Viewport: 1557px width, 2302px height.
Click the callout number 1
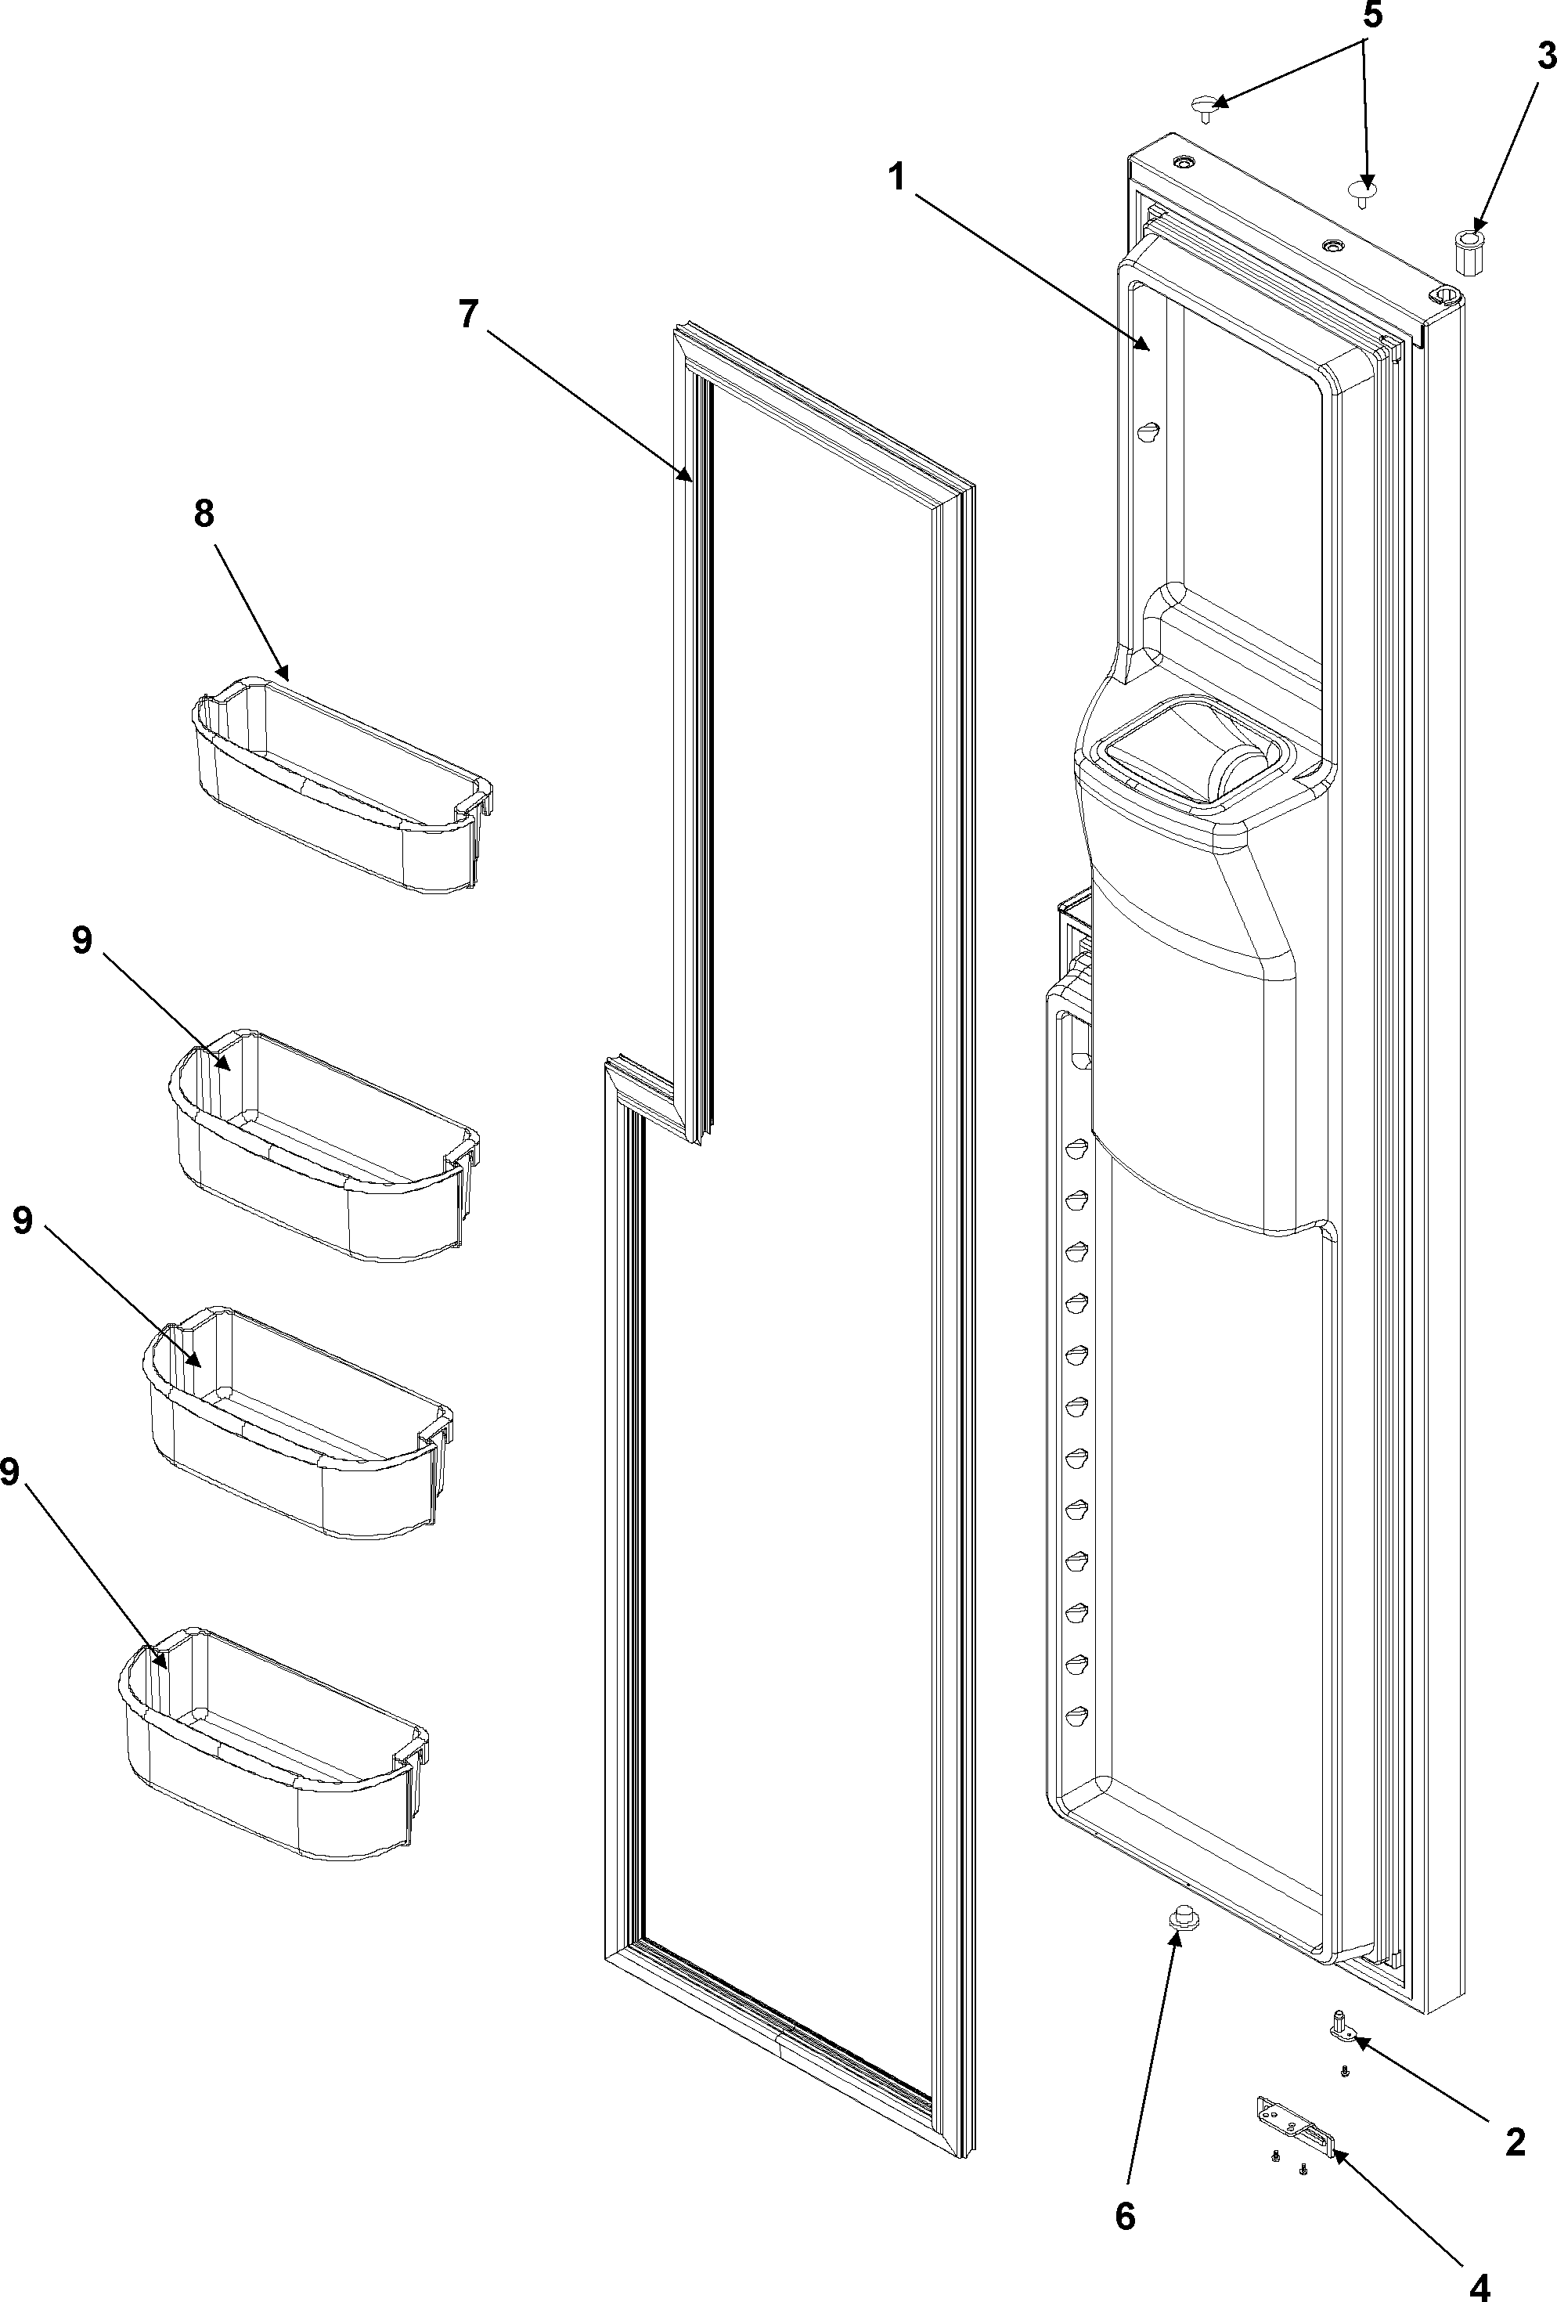pos(896,179)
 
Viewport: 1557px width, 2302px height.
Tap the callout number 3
pos(1546,57)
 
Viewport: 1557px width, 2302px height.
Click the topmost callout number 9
pos(82,940)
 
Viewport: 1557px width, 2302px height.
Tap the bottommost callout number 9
pos(10,1472)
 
